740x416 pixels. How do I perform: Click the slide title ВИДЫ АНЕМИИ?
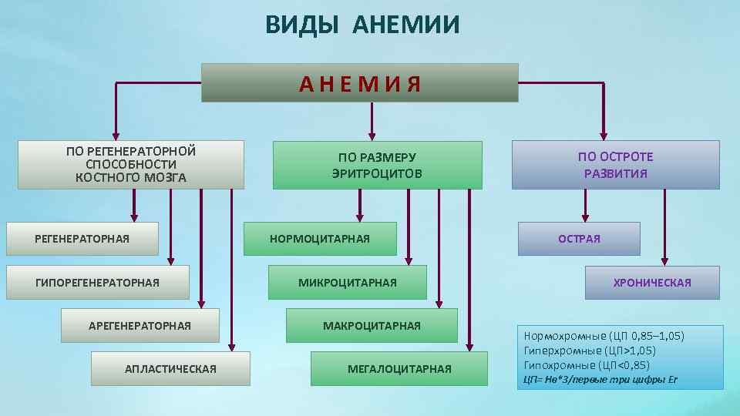(x=362, y=25)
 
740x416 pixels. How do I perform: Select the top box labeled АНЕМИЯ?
(x=360, y=83)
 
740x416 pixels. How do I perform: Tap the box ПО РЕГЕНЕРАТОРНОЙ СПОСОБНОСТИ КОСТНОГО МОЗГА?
(x=131, y=164)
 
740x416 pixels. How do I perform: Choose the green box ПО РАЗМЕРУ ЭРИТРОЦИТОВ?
(x=377, y=165)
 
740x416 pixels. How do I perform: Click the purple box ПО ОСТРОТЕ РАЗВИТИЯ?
(x=615, y=165)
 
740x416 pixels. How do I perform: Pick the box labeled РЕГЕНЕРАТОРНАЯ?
(x=82, y=239)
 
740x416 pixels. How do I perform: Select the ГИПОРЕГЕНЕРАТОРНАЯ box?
(x=97, y=283)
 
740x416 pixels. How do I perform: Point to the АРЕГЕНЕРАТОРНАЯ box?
(x=140, y=326)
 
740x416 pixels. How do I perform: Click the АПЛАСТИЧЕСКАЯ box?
(x=170, y=369)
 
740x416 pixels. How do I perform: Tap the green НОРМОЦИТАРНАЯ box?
(x=320, y=239)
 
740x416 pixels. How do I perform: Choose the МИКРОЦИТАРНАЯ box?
(x=347, y=283)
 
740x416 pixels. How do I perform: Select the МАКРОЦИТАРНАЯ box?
(x=372, y=326)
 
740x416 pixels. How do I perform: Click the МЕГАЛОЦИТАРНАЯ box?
(x=399, y=369)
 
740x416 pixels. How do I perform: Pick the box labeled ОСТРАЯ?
(x=579, y=239)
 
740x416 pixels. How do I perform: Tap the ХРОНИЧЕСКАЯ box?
(x=652, y=283)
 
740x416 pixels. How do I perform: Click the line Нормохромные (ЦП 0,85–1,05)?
(x=604, y=336)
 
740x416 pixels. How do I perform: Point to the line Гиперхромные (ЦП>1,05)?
(x=590, y=351)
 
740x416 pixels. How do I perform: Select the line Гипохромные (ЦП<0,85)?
(x=587, y=365)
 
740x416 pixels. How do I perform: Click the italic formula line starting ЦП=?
(x=600, y=380)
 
